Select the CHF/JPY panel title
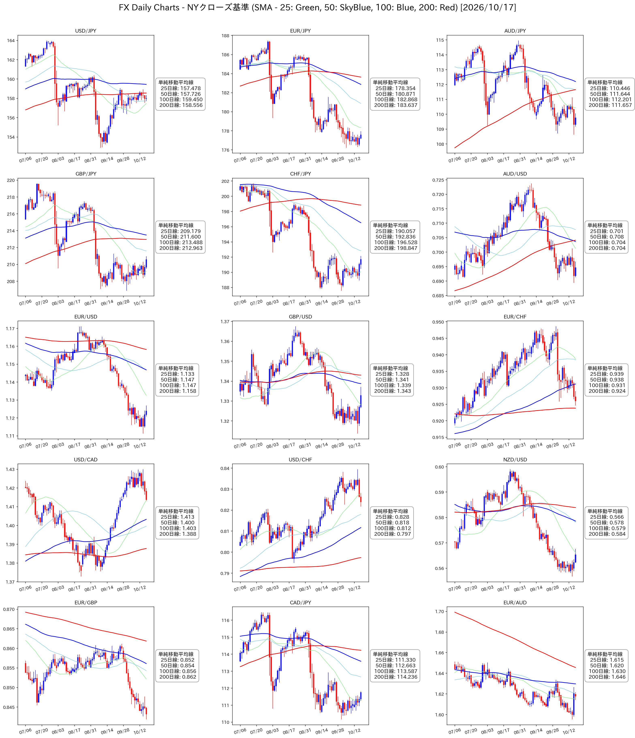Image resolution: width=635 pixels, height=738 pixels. click(x=300, y=174)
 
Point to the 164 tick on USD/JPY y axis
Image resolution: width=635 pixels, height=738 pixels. click(x=11, y=41)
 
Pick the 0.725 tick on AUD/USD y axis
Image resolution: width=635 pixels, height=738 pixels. click(x=438, y=180)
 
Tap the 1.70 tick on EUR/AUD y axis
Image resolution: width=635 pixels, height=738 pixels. click(x=439, y=611)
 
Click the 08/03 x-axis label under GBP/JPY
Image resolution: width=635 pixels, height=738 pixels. click(x=58, y=302)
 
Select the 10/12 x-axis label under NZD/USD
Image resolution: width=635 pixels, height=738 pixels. click(x=569, y=588)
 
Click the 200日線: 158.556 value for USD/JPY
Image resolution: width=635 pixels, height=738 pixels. click(x=181, y=105)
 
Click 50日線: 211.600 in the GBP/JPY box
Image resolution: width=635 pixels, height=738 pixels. click(x=181, y=236)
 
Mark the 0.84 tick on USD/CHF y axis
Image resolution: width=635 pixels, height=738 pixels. click(x=225, y=468)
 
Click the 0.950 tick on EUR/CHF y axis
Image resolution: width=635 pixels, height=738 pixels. click(x=438, y=322)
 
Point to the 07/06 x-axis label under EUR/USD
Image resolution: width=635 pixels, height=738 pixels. click(x=25, y=446)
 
